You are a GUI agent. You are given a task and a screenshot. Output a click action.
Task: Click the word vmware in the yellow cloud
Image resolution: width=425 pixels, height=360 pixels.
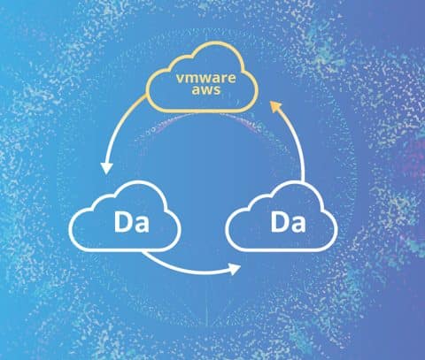click(206, 78)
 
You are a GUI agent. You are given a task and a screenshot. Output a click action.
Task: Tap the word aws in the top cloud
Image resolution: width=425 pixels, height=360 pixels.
click(206, 89)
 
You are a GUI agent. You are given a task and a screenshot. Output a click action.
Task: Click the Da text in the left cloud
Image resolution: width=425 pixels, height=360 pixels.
click(131, 222)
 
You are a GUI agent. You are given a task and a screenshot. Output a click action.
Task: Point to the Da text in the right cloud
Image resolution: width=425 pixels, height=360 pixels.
click(288, 222)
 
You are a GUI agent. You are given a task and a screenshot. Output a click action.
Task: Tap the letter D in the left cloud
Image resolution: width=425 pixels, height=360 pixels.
click(122, 222)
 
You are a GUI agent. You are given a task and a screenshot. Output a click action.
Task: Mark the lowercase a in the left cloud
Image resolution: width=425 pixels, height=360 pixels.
click(141, 225)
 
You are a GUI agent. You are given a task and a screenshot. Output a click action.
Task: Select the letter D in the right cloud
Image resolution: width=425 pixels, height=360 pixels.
click(279, 222)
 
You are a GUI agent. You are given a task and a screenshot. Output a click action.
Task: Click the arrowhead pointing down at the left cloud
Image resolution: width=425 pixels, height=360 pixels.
click(106, 168)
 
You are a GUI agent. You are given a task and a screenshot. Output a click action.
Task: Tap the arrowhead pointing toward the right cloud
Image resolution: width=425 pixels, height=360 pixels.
click(236, 269)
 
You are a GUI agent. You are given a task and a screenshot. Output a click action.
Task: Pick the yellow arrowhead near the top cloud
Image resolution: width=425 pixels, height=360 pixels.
click(275, 106)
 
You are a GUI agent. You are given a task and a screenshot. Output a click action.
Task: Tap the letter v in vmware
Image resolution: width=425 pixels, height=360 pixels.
click(180, 79)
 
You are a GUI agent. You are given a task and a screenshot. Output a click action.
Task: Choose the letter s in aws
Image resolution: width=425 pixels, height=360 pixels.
click(217, 90)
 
